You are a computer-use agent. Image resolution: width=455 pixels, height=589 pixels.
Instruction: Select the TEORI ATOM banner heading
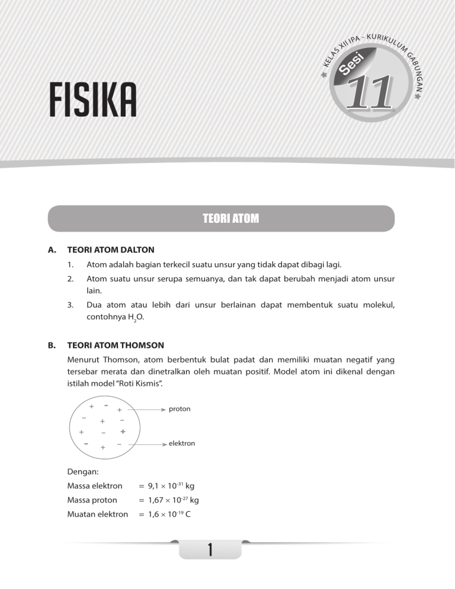220,218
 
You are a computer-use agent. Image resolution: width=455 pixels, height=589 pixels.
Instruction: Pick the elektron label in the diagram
182,443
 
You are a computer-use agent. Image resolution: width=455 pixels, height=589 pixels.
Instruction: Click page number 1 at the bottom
211,550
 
